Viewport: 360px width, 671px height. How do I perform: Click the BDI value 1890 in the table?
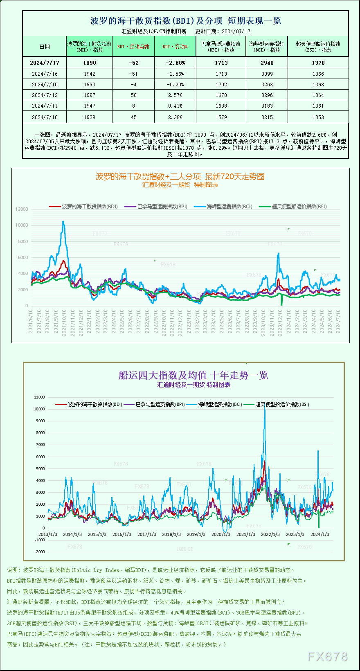[89, 63]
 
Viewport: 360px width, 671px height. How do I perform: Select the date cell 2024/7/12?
[45, 95]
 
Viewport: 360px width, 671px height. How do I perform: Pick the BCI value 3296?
[267, 95]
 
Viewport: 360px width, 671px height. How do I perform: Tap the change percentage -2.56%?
[175, 74]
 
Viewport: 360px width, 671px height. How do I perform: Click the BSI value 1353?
[318, 117]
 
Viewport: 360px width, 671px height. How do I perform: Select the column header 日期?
[45, 47]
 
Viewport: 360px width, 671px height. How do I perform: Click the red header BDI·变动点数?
[133, 47]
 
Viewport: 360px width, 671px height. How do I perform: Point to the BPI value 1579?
[221, 117]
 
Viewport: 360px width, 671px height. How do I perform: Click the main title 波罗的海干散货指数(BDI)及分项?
[156, 21]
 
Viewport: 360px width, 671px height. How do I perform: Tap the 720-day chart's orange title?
[180, 176]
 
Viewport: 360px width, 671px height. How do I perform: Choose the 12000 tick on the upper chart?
[22, 209]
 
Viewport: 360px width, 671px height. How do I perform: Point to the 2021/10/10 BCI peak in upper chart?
[63, 222]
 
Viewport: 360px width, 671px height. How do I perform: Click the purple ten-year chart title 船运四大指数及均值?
[193, 375]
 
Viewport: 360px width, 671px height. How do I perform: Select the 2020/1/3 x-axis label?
[221, 534]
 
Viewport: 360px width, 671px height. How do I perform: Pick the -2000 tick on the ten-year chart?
[40, 552]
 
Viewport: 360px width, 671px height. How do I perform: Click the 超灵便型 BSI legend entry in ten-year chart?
[282, 404]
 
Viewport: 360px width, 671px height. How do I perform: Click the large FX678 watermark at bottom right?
[327, 657]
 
